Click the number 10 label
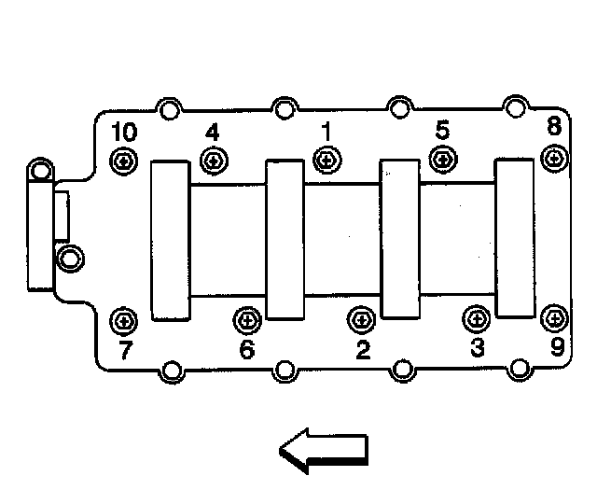(x=122, y=132)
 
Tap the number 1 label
(x=326, y=131)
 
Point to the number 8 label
(x=554, y=125)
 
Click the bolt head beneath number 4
(x=215, y=161)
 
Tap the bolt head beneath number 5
(x=442, y=159)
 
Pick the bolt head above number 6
(x=246, y=320)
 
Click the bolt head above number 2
(x=360, y=320)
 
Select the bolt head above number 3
(x=475, y=319)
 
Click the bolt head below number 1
(x=326, y=160)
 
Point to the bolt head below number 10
(x=122, y=162)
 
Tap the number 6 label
(x=246, y=350)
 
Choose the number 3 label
(x=478, y=349)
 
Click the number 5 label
(x=442, y=130)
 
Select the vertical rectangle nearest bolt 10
(x=170, y=240)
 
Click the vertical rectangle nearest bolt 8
(x=514, y=237)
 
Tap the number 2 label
(x=362, y=350)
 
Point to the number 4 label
(x=213, y=132)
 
